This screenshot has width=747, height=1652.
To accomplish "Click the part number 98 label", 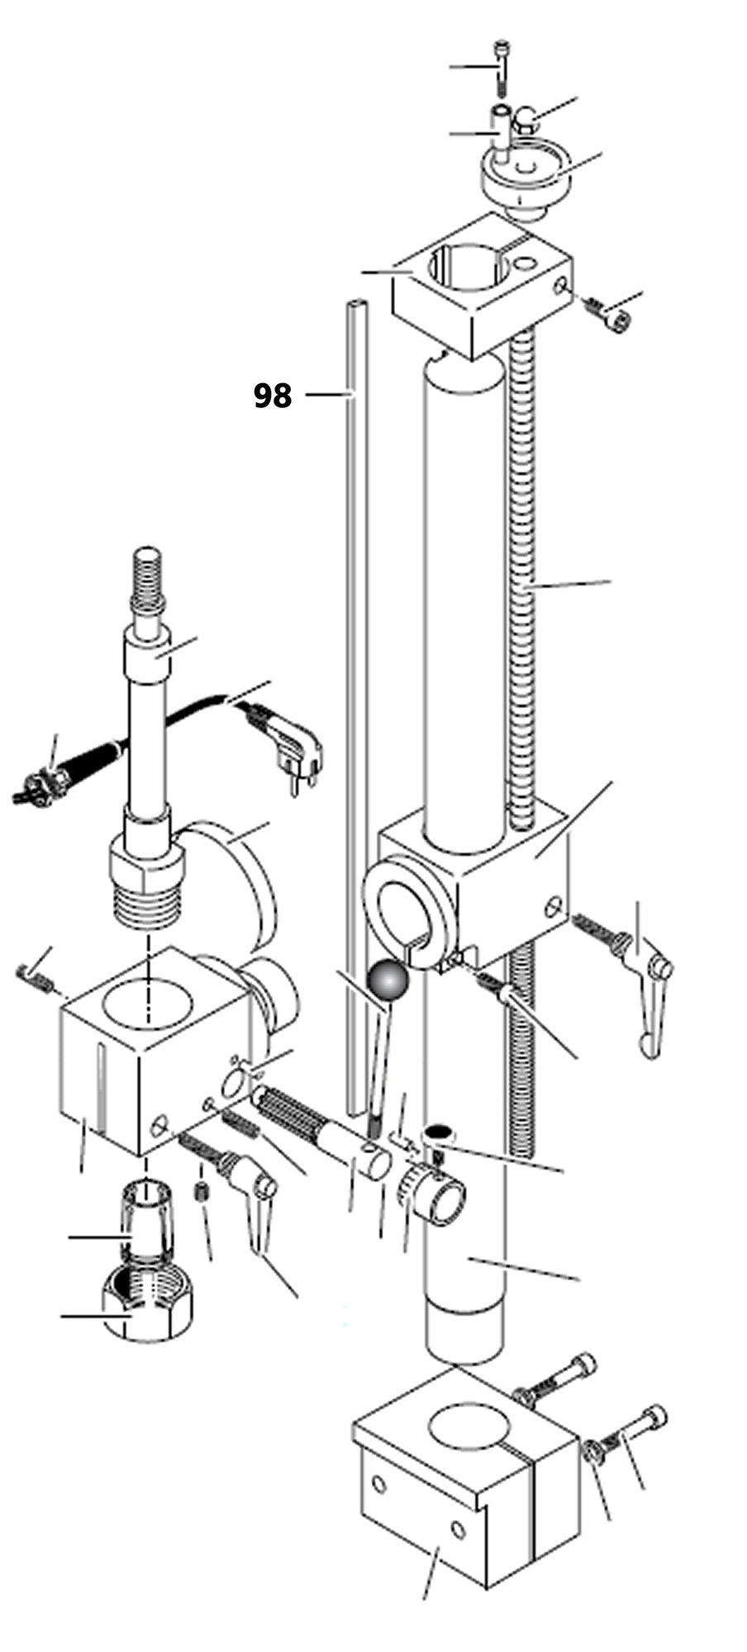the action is click(272, 396).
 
